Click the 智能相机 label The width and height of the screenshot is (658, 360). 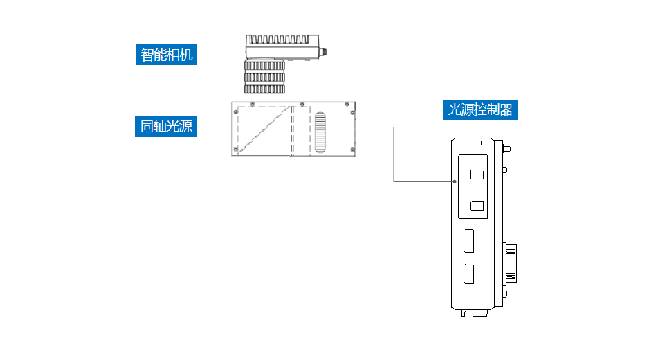(x=166, y=55)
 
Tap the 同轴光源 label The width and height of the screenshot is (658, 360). (x=166, y=127)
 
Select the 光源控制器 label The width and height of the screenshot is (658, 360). (x=481, y=110)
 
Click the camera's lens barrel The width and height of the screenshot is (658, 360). (x=265, y=77)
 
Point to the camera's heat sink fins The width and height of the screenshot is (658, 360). (x=280, y=40)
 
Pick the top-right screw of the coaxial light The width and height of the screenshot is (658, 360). (x=346, y=104)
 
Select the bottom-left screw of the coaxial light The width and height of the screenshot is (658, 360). (x=236, y=150)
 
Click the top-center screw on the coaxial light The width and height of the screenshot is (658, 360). (x=302, y=104)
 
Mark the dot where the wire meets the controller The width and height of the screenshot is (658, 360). (x=455, y=182)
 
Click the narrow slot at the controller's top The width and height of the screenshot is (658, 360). (x=472, y=143)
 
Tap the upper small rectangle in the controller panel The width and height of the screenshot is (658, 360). (x=477, y=174)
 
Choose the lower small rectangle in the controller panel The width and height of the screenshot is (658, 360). (x=477, y=206)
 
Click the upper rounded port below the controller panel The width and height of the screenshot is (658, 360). (x=469, y=242)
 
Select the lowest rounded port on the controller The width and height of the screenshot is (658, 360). (x=469, y=275)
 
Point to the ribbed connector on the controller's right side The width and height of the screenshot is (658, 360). (x=512, y=262)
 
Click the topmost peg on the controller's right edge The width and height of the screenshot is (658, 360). (x=508, y=147)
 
